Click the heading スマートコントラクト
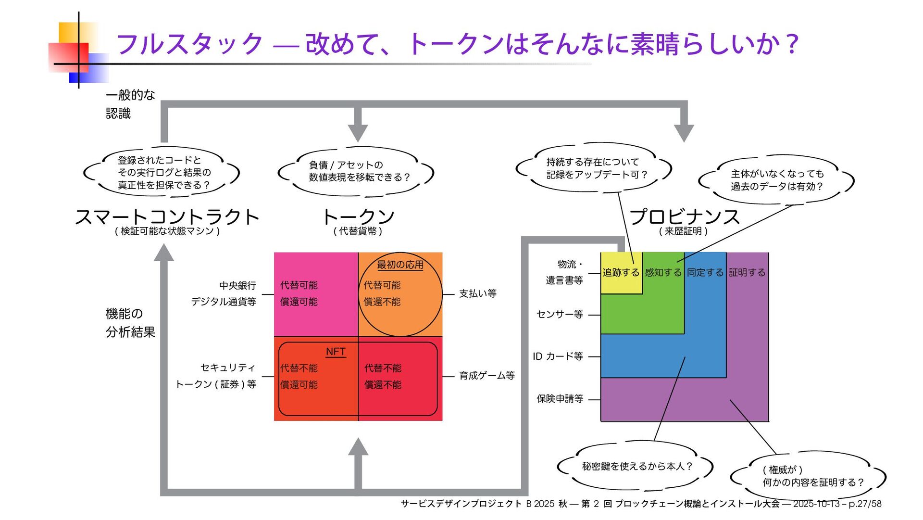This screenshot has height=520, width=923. (167, 217)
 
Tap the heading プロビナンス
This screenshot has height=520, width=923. (684, 217)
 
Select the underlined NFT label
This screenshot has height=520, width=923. (336, 352)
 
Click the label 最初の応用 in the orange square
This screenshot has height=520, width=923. (400, 265)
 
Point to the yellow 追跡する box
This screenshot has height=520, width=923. (621, 273)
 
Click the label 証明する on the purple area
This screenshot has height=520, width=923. (747, 273)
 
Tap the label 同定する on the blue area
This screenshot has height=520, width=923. (705, 273)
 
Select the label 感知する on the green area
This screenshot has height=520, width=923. (663, 273)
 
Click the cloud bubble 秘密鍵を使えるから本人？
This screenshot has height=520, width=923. (636, 466)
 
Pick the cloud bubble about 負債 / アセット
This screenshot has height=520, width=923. (356, 172)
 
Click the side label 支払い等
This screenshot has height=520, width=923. (477, 293)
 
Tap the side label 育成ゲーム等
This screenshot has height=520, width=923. (486, 375)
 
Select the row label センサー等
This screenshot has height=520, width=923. (560, 315)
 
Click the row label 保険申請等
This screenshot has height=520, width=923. (560, 399)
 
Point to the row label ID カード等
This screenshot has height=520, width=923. (558, 356)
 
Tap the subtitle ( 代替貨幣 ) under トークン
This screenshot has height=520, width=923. (358, 231)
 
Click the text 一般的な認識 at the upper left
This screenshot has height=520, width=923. (130, 104)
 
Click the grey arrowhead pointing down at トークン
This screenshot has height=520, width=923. (358, 131)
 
